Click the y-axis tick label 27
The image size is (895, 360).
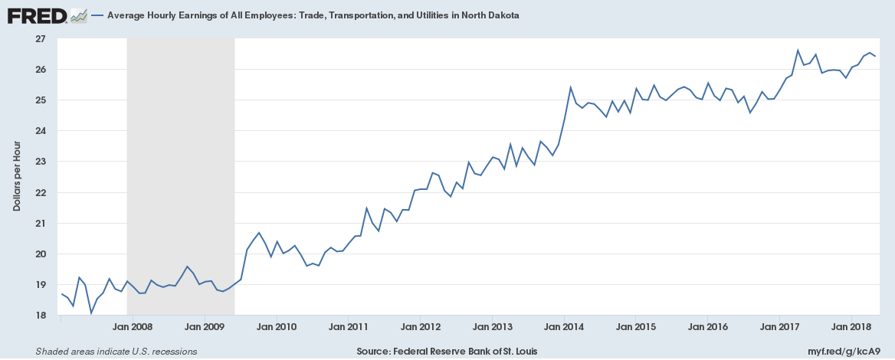tap(41, 38)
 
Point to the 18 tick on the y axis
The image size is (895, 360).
tap(41, 316)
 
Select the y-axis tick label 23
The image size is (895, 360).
tap(41, 162)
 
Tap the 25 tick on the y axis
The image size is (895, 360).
tap(41, 100)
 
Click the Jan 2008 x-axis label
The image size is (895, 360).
tap(133, 327)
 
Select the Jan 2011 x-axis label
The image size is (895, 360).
tap(348, 327)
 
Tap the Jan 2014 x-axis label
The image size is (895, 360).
tap(564, 327)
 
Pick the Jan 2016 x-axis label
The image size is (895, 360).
tap(707, 327)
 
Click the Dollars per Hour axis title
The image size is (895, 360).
tap(16, 178)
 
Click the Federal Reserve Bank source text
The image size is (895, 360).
tap(447, 352)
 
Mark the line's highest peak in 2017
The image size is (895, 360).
tap(798, 51)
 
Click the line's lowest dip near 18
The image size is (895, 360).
tap(91, 313)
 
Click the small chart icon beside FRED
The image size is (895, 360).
tap(77, 15)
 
